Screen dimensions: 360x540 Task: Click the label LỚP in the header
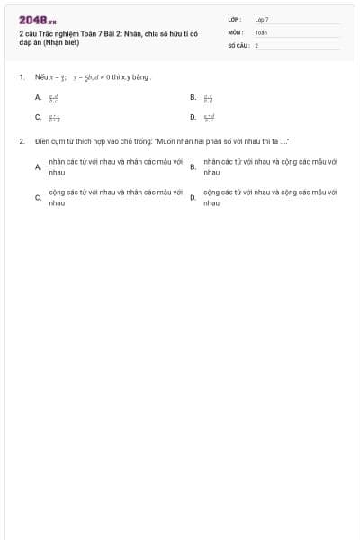coord(233,19)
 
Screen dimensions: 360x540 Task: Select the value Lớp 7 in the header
coord(261,19)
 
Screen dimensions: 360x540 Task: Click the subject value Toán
coord(260,31)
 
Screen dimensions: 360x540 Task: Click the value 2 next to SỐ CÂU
coord(256,44)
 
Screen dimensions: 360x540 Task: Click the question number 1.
coord(21,77)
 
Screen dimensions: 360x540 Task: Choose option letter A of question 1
coord(38,96)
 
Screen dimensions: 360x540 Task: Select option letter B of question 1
coord(193,96)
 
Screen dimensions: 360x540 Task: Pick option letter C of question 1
coord(38,117)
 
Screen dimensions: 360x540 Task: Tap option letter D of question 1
coord(193,117)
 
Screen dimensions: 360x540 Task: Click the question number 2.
coord(21,142)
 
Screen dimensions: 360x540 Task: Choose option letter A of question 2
coord(38,166)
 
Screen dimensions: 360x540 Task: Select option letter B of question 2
coord(193,166)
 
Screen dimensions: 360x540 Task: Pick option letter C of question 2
coord(38,198)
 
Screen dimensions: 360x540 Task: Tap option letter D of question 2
coord(193,198)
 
